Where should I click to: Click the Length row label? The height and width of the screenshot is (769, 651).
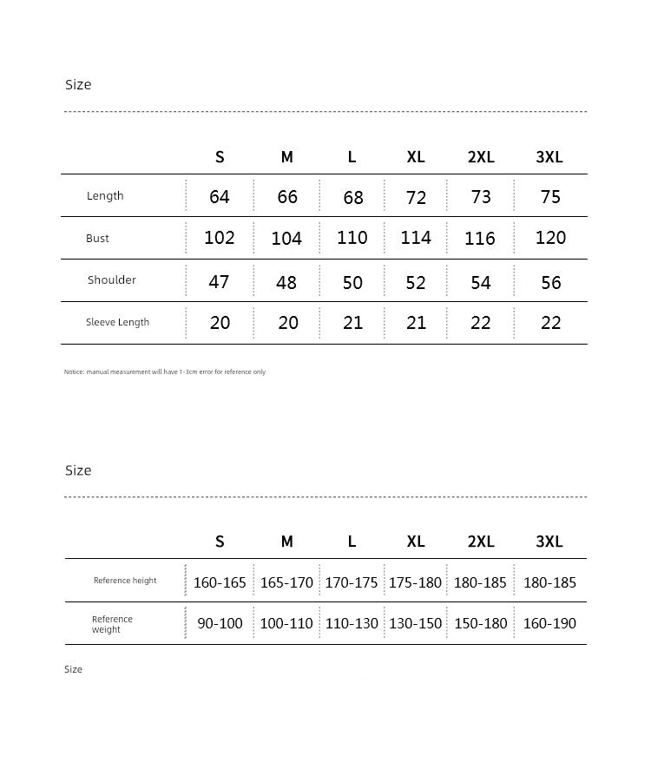105,196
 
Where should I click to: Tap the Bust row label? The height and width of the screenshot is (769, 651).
97,239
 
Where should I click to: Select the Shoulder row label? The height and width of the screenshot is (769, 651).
112,280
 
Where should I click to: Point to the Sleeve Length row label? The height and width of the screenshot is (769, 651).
117,322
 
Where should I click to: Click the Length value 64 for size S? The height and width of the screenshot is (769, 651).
220,197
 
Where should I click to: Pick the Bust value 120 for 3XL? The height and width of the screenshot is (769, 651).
550,238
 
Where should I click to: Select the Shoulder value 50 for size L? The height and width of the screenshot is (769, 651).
352,282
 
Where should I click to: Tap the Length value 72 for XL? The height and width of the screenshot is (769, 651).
417,198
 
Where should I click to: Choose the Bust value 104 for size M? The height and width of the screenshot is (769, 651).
286,239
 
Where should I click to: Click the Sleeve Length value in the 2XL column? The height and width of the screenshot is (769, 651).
481,323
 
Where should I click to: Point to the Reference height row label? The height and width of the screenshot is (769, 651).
125,581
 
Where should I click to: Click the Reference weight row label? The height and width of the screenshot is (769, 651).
112,624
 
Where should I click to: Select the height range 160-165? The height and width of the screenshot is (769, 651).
220,582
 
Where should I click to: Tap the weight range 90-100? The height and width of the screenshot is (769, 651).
220,623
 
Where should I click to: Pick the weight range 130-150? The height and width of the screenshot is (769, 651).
416,623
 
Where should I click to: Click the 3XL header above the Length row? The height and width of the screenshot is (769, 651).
549,157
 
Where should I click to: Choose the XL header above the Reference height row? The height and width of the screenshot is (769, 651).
416,542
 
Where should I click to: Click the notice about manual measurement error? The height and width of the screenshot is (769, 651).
165,372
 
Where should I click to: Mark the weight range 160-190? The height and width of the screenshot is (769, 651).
549,623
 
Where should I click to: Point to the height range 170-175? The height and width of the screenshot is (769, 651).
352,582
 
